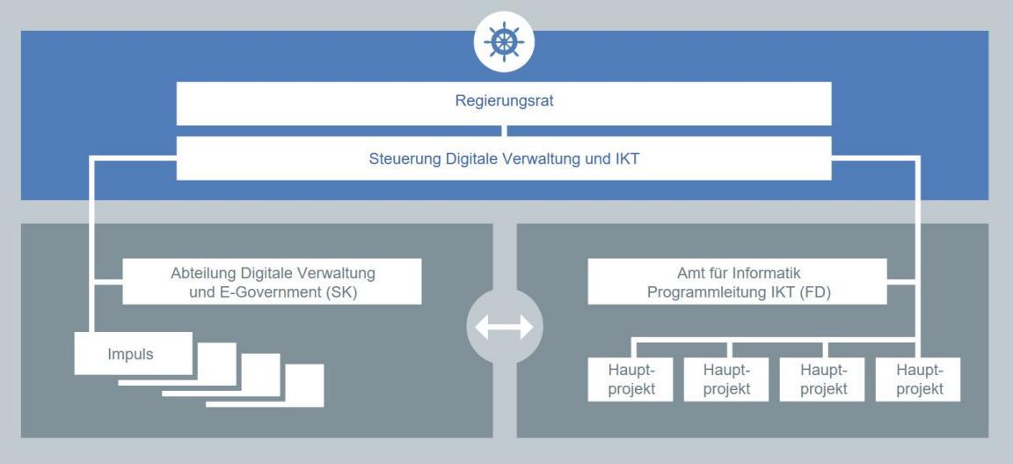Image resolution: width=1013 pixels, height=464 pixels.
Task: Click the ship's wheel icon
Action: click(504, 43)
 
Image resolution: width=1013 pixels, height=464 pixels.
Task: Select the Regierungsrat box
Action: click(504, 103)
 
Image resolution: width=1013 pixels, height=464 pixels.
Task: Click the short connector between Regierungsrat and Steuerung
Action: click(504, 131)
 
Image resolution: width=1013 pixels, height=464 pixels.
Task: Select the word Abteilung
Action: click(200, 273)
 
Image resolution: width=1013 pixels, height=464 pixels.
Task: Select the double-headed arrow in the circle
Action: click(504, 327)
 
